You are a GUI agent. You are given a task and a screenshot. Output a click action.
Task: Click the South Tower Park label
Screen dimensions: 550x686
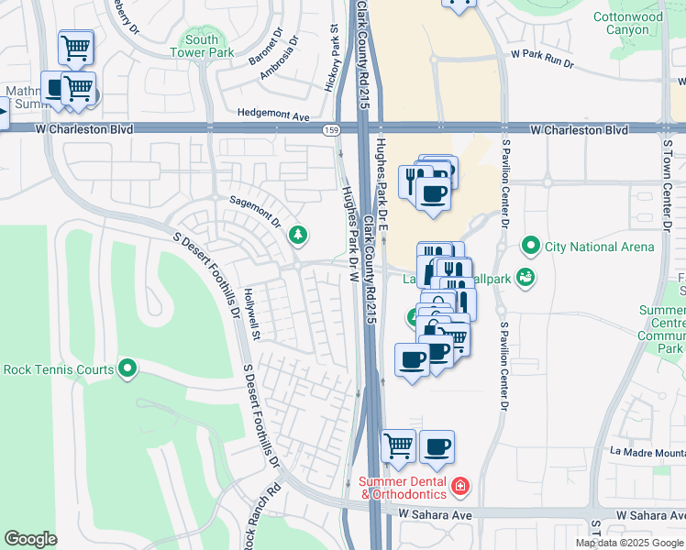point(201,46)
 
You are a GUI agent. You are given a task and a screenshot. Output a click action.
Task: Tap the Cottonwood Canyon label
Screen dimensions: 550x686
point(627,23)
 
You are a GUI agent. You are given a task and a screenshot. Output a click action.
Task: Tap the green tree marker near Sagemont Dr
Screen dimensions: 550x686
point(297,236)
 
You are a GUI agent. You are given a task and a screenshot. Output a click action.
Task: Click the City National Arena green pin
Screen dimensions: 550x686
point(529,246)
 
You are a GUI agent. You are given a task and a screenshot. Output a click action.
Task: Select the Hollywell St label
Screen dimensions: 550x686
point(252,313)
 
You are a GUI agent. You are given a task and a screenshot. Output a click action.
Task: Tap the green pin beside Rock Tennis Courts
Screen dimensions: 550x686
point(127,369)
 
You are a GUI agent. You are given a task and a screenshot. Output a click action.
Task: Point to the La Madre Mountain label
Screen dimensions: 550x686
point(647,451)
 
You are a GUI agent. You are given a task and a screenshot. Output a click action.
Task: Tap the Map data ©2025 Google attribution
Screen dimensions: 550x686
point(629,543)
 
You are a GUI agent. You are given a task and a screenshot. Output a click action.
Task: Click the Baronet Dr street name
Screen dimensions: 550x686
point(266,50)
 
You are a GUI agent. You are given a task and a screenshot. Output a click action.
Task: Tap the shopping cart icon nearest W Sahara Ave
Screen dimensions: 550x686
point(398,446)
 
